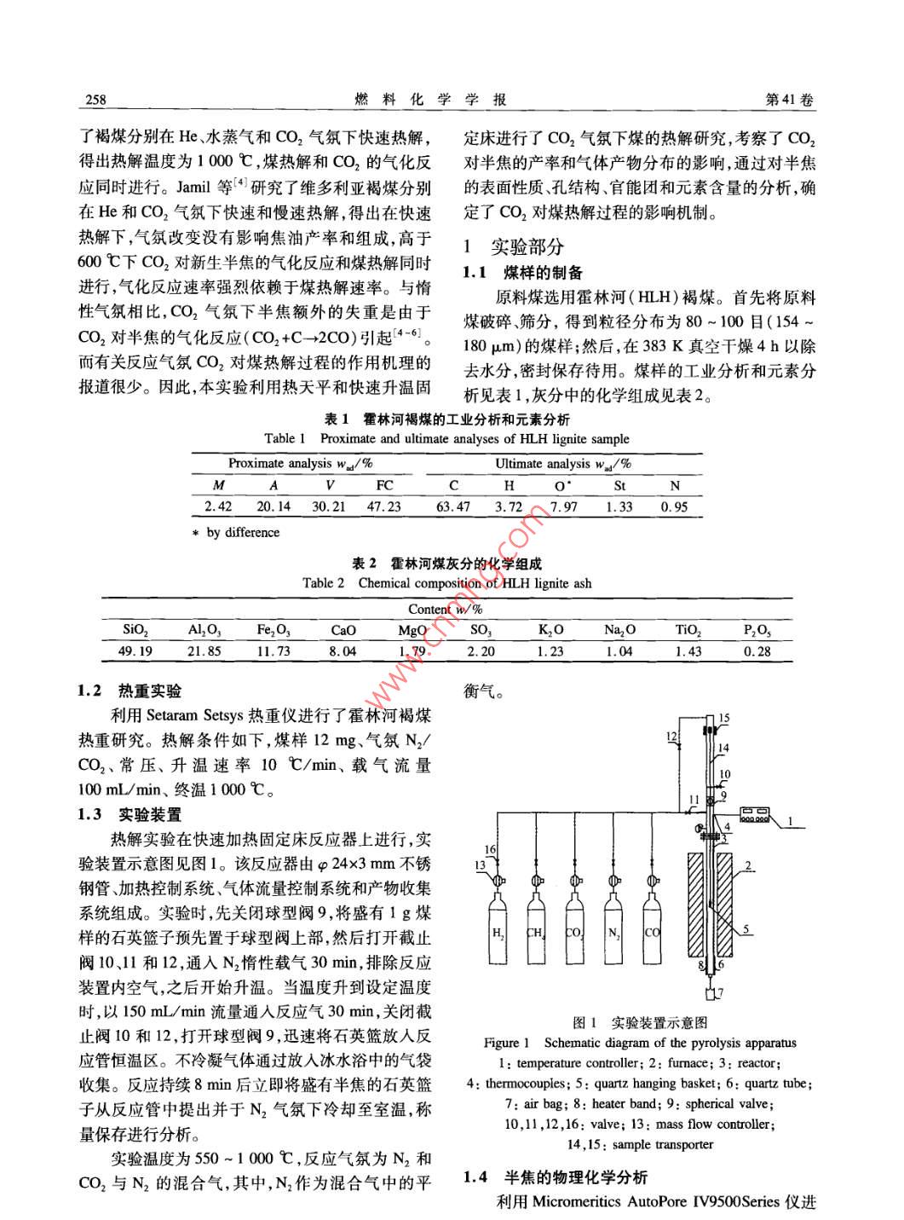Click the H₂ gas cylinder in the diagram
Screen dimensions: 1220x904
(498, 933)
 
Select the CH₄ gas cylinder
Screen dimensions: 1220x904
(536, 933)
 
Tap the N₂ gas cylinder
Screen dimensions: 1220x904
(613, 933)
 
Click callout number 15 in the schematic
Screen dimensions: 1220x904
(724, 719)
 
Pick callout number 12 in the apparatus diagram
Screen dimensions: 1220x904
(671, 736)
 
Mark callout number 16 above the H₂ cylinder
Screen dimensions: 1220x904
(490, 849)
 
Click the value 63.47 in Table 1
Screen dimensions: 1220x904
(453, 506)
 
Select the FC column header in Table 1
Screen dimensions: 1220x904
(384, 485)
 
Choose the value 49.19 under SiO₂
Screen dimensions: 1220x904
(135, 650)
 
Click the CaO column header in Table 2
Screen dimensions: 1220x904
(343, 630)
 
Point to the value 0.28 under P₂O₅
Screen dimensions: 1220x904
(757, 650)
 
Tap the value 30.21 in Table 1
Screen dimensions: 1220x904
(328, 506)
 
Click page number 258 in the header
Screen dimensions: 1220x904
(95, 100)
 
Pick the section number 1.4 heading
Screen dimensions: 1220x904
(475, 1177)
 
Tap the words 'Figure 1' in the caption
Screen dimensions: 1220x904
(506, 1043)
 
